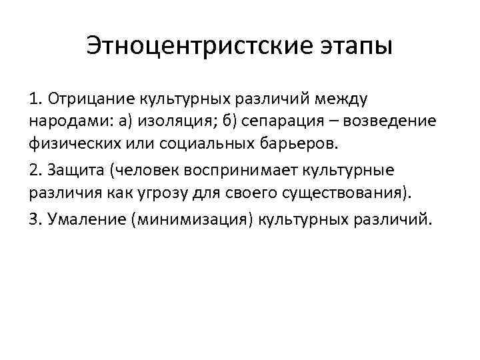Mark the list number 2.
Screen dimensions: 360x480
click(35, 170)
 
